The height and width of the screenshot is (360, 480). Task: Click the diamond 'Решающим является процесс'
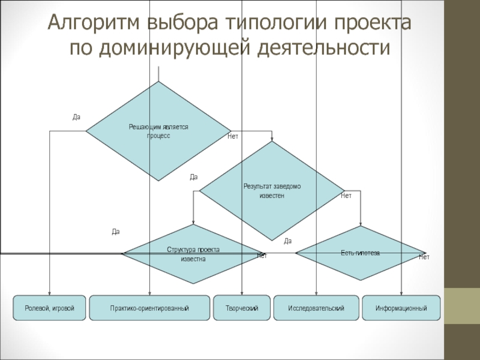point(158,131)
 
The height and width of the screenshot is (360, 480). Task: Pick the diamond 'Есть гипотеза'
point(361,253)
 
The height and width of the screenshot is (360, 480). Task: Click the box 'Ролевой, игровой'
point(50,308)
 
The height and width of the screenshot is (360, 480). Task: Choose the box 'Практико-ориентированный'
point(149,308)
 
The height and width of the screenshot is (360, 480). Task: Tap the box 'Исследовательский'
point(316,308)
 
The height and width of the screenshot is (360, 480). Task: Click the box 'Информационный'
point(401,308)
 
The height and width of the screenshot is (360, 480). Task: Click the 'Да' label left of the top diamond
point(76,117)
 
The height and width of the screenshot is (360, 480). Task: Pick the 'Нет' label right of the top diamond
point(233,137)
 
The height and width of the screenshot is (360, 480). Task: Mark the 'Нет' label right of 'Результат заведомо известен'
point(346,196)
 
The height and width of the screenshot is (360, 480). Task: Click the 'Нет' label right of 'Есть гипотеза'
point(424,257)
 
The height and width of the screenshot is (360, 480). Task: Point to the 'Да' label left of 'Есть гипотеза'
point(287,241)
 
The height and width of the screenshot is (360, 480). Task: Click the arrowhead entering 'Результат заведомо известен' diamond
point(272,139)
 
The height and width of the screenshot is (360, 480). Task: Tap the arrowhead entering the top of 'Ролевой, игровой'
point(50,293)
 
